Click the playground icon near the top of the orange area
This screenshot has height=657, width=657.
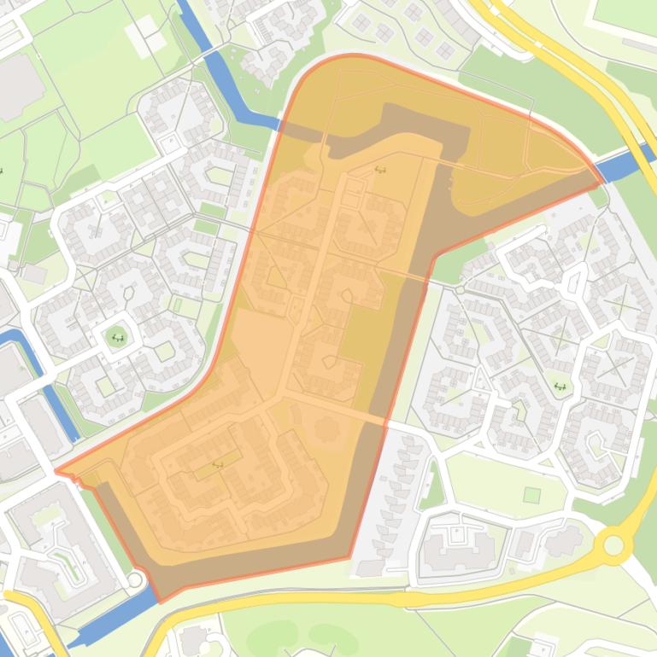380,170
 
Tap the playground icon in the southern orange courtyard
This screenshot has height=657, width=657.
217,465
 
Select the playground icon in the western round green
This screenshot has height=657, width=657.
117,338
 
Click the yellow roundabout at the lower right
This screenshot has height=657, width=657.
613,544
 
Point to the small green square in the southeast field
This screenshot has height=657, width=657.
531,495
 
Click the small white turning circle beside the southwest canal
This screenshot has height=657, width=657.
134,580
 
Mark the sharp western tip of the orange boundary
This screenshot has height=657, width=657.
56,470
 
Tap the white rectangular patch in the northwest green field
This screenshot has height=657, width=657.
140,38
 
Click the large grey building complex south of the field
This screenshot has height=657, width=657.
457,546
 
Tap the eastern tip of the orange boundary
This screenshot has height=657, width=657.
601,180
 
